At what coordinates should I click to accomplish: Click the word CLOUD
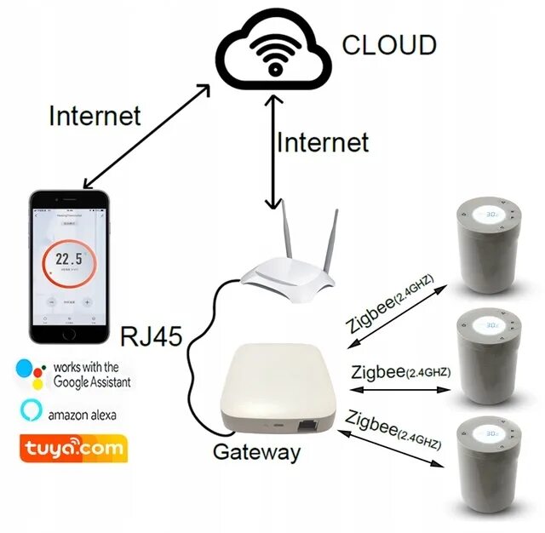389,44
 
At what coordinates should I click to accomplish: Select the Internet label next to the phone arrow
95,115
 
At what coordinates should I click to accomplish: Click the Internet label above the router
323,141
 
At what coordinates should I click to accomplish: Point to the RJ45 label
152,336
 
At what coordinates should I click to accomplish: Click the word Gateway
255,451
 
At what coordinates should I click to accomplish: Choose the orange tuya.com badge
72,446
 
